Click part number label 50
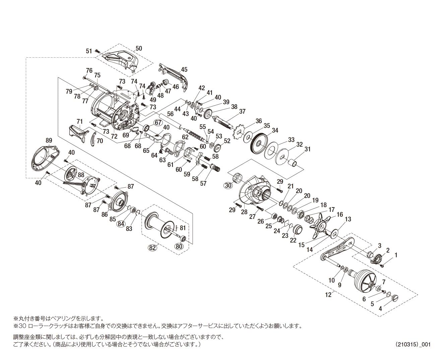[x=138, y=48]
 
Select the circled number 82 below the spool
[x=152, y=248]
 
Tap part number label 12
[x=328, y=295]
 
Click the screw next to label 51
[x=98, y=51]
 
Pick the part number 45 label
[x=184, y=70]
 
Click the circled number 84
[x=121, y=223]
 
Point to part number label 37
[x=242, y=111]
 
